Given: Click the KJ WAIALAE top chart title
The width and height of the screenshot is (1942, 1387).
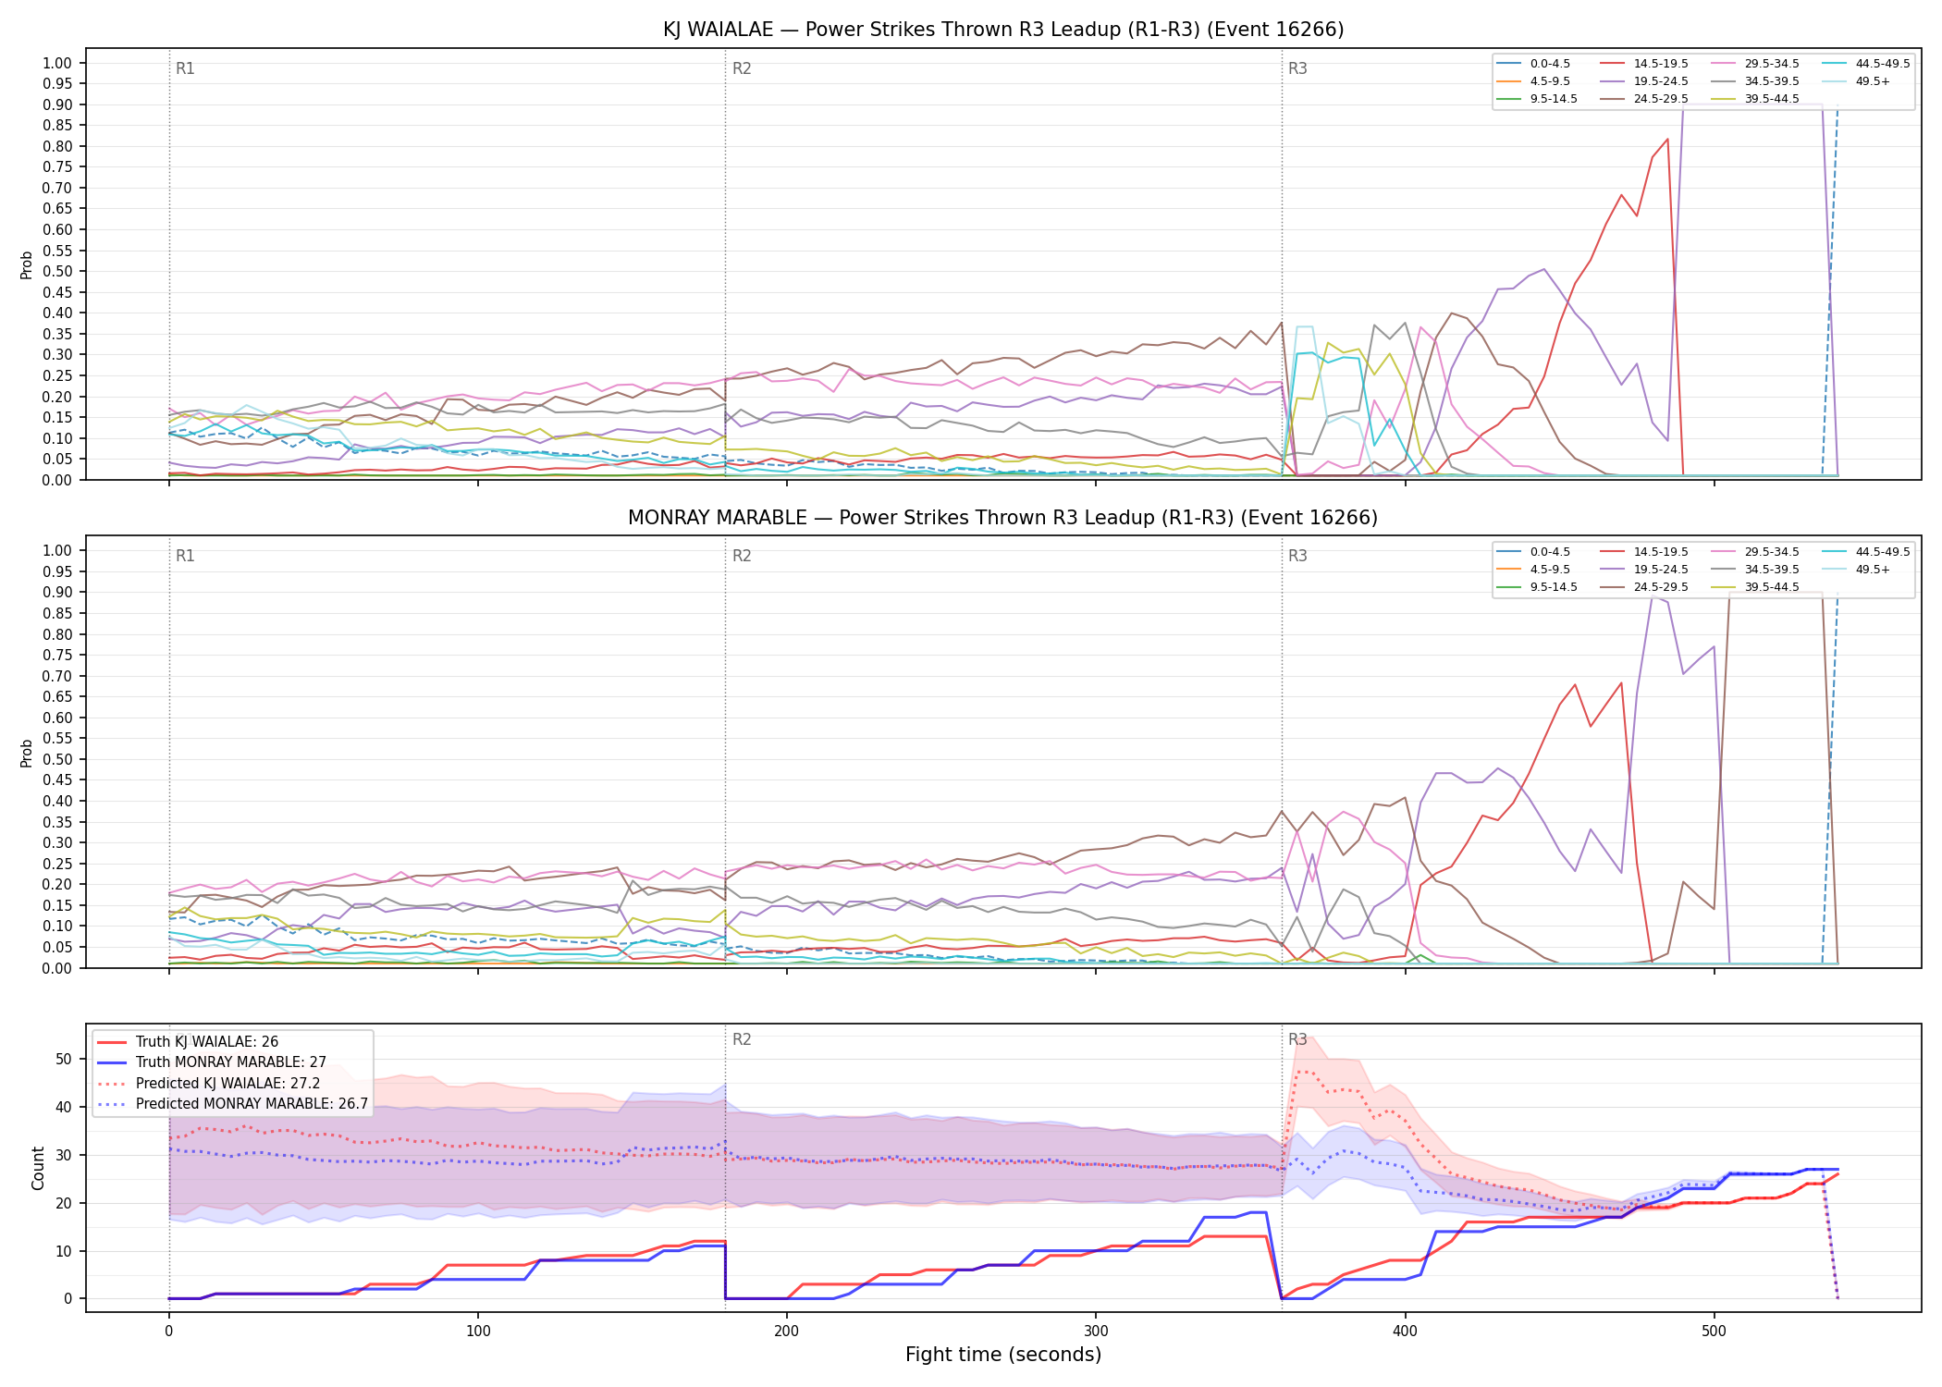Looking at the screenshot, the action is tap(1003, 30).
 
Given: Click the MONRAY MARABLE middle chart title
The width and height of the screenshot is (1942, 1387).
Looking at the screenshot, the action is tap(1003, 518).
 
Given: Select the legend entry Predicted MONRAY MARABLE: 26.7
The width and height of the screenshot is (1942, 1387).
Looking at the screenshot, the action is tap(232, 1104).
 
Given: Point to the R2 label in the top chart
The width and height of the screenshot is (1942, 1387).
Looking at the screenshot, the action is tap(742, 68).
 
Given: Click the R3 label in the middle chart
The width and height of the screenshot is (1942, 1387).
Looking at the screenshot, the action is tap(1297, 556).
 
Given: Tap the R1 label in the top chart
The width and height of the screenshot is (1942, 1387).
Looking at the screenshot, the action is tap(185, 68).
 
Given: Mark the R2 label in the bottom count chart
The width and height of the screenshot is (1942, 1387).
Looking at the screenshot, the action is tap(742, 1039).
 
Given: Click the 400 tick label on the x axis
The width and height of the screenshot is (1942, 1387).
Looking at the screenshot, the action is tap(1405, 1332).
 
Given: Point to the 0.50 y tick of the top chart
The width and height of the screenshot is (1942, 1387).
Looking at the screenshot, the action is tap(57, 272).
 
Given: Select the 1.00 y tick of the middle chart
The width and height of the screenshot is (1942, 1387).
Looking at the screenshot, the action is tap(57, 551).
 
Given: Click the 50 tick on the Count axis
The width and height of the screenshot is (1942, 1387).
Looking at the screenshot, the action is tap(64, 1060).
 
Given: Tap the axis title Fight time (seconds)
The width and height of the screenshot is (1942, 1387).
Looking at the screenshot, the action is tap(1003, 1356).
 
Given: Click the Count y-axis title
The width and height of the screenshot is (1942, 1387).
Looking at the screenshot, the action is tap(38, 1168).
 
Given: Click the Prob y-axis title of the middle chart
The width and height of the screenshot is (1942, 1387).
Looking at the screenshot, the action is tap(27, 753).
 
